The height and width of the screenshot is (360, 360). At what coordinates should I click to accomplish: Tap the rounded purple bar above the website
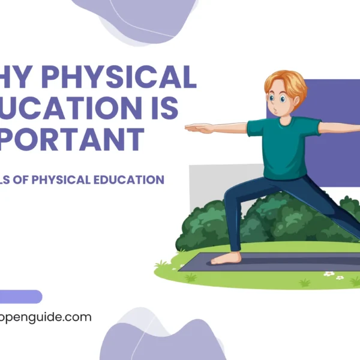click(x=20, y=296)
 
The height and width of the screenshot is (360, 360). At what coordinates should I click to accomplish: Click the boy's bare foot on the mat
click(x=226, y=259)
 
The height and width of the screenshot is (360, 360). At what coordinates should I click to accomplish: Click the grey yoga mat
click(x=282, y=262)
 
